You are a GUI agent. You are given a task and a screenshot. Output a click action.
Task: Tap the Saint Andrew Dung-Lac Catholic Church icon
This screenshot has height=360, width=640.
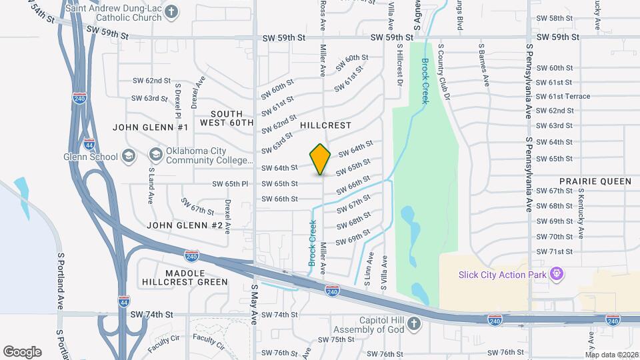click(172, 12)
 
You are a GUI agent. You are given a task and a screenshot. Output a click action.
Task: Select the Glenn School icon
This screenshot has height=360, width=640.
click(129, 157)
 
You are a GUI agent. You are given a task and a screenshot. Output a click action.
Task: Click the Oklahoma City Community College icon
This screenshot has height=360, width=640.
click(155, 155)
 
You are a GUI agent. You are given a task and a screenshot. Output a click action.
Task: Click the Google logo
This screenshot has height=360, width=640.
click(22, 352)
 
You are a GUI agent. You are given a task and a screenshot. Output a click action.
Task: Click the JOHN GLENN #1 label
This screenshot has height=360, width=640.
click(151, 127)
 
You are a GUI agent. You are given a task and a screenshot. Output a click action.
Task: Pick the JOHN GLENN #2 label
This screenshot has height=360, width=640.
click(184, 225)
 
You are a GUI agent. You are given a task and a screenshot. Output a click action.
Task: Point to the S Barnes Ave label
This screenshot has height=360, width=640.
click(484, 65)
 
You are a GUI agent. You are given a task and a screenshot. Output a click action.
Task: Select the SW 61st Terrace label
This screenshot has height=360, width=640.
click(563, 96)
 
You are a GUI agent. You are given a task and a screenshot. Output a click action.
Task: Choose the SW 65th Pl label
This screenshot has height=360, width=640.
click(231, 183)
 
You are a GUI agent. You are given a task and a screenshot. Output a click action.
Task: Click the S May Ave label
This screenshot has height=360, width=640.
click(254, 304)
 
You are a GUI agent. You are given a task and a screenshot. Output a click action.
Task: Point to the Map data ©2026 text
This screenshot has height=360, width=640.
click(611, 354)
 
